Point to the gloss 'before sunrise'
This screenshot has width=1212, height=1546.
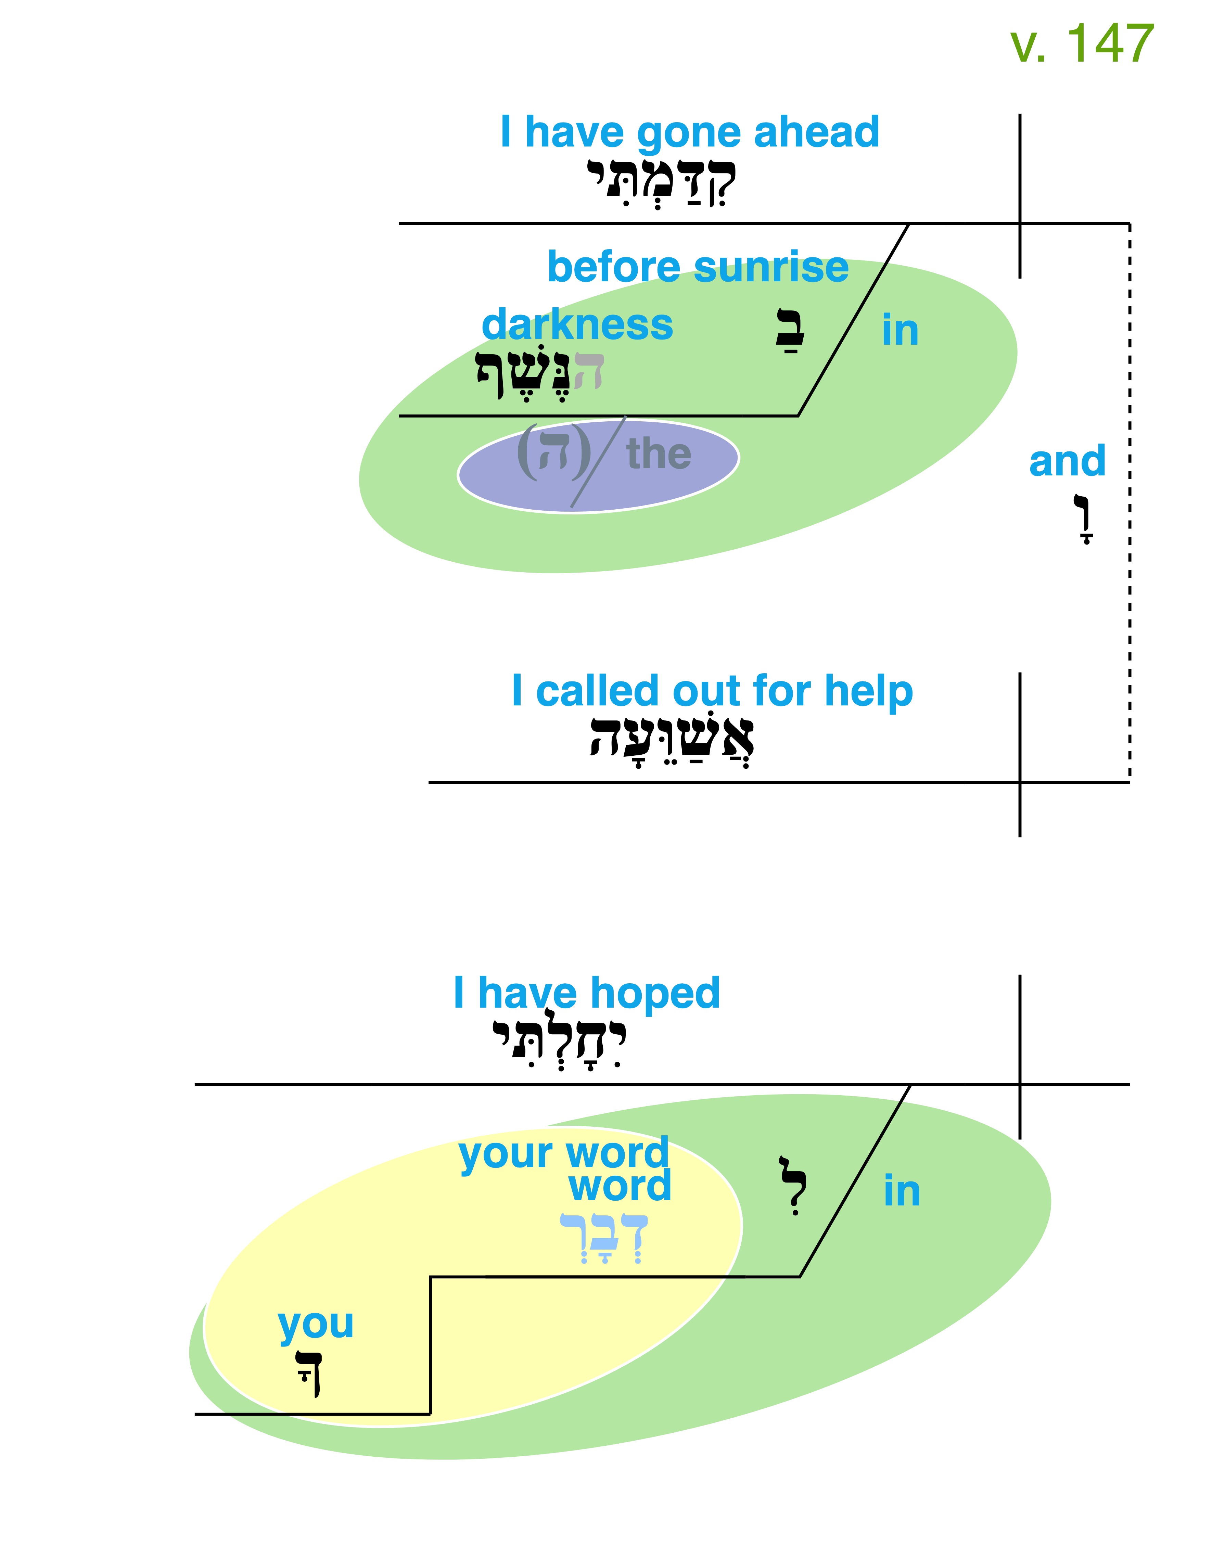(698, 268)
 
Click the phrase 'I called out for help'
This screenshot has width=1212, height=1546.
(712, 692)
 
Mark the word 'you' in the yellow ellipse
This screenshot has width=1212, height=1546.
(316, 1325)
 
